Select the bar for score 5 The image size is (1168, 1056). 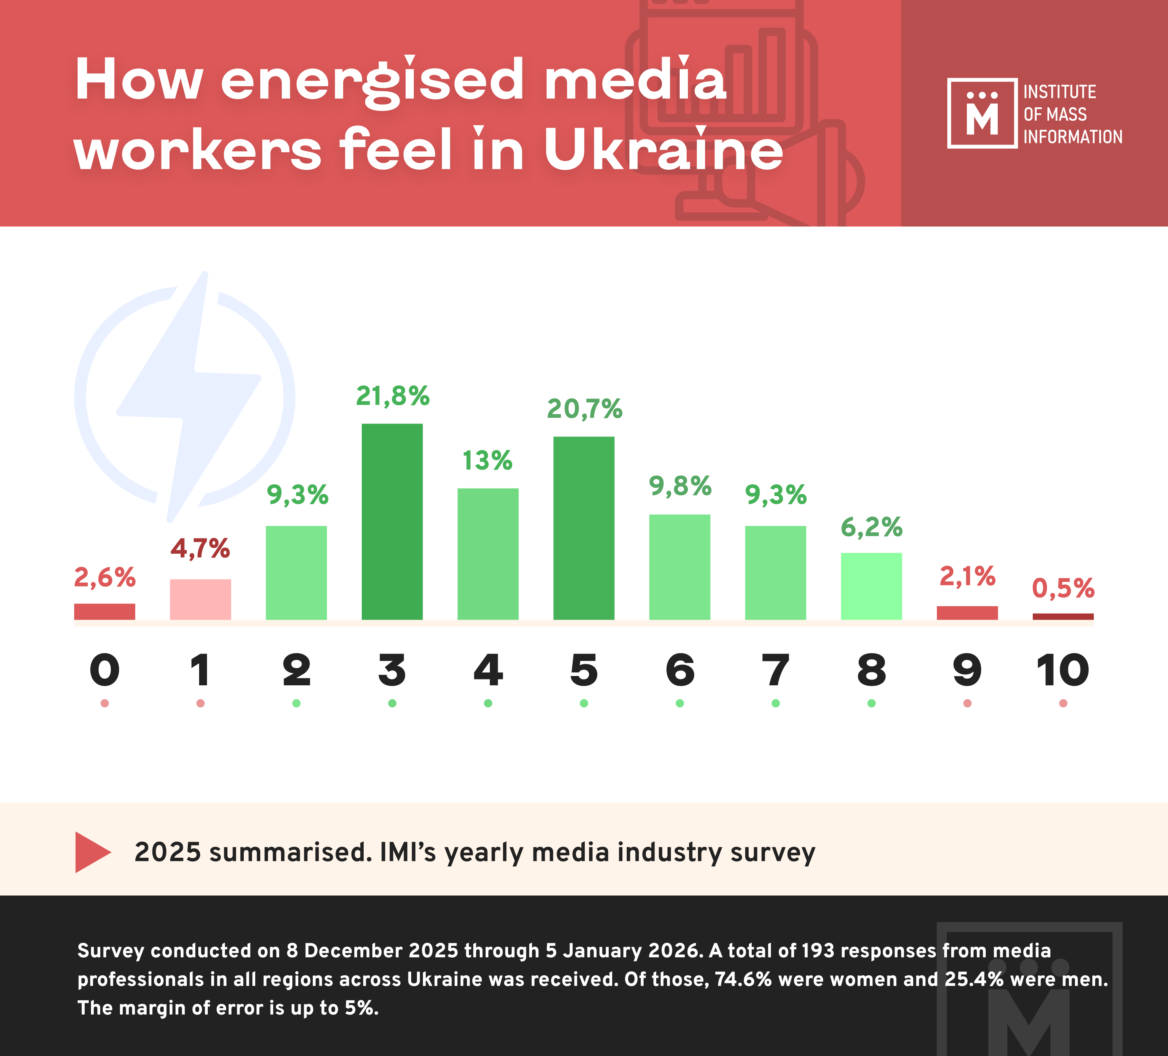pos(584,528)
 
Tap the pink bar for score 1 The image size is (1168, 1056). pos(200,599)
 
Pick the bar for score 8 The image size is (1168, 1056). pos(871,586)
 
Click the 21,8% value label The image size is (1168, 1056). pos(392,396)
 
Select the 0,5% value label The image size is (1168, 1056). pos(1063,589)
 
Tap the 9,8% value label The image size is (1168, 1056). pos(680,486)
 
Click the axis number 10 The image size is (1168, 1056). pos(1063,670)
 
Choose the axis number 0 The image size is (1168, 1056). pos(105,670)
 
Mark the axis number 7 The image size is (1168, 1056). pos(775,670)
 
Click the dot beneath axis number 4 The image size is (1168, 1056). pos(488,703)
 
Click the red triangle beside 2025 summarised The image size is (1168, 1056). pos(92,852)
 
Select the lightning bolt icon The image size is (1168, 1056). pos(188,397)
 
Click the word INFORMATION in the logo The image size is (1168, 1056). pos(1072,137)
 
